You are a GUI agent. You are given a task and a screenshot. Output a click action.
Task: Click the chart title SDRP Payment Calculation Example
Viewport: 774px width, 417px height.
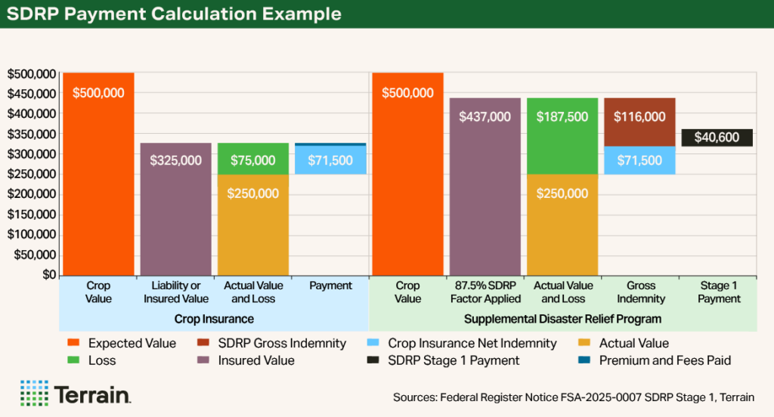click(x=175, y=14)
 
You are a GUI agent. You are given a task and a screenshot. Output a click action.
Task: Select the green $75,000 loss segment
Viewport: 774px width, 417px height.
click(x=253, y=159)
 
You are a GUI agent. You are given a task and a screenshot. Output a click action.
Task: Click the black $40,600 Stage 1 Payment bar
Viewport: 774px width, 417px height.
click(x=717, y=137)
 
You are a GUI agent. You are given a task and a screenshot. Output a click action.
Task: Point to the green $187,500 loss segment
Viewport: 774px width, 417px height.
click(x=562, y=136)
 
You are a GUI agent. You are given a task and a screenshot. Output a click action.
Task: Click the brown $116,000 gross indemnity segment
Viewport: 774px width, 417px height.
click(x=639, y=122)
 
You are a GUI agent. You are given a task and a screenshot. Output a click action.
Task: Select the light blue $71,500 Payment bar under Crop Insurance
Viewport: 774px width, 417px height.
click(x=330, y=160)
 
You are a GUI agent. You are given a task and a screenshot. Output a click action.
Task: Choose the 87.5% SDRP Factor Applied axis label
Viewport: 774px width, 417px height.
click(x=485, y=292)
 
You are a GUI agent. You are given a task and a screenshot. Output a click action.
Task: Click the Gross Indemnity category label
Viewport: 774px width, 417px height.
click(x=639, y=292)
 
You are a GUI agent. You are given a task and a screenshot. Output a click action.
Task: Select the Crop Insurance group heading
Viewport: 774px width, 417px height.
click(x=214, y=319)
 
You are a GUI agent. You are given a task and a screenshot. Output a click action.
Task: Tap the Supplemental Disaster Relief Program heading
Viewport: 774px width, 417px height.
click(x=562, y=319)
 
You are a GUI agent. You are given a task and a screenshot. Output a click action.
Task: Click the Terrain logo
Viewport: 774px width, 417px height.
click(x=76, y=394)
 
